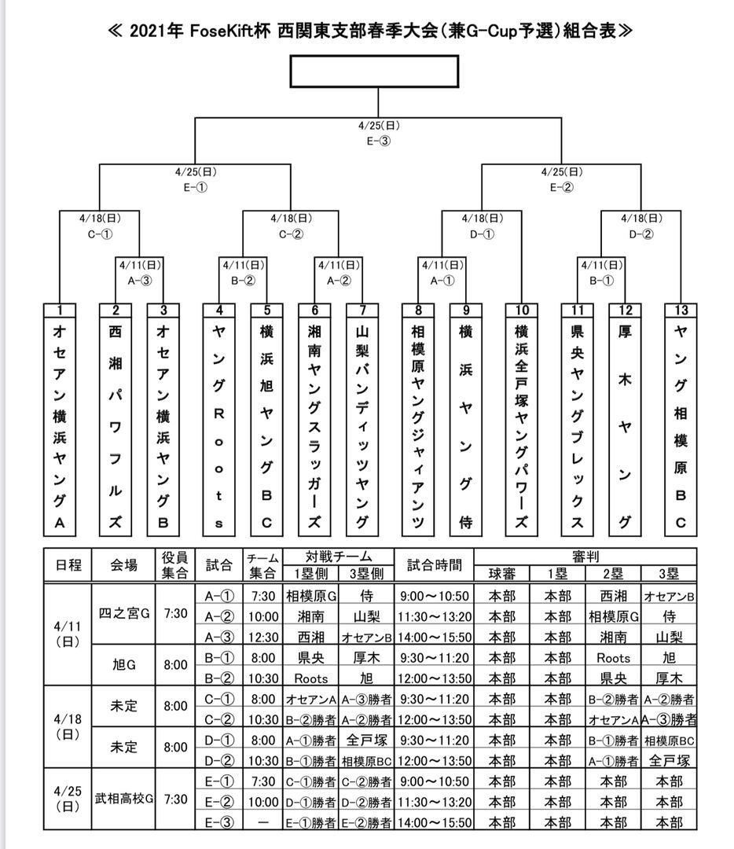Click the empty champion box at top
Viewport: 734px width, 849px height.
[374, 72]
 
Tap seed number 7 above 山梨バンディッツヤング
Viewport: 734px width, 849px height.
[362, 309]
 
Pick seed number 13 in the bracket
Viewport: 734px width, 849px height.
[681, 309]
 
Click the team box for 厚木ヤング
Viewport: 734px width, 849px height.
[626, 424]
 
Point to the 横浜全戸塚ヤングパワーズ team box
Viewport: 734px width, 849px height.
[522, 424]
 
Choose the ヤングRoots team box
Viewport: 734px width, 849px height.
[220, 424]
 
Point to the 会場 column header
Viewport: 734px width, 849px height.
[124, 564]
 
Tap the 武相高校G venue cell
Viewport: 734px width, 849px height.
[124, 799]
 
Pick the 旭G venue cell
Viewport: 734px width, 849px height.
[124, 665]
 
